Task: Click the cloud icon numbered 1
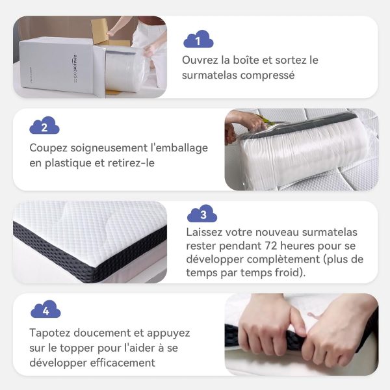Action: pyautogui.click(x=198, y=39)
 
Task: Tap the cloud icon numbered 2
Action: pyautogui.click(x=44, y=125)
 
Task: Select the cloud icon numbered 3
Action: pyautogui.click(x=202, y=213)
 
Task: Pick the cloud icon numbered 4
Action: pyautogui.click(x=45, y=309)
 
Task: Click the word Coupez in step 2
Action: pyautogui.click(x=49, y=148)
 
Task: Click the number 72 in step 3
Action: pyautogui.click(x=270, y=246)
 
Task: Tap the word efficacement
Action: pyautogui.click(x=122, y=363)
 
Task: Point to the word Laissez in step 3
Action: pyautogui.click(x=204, y=232)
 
